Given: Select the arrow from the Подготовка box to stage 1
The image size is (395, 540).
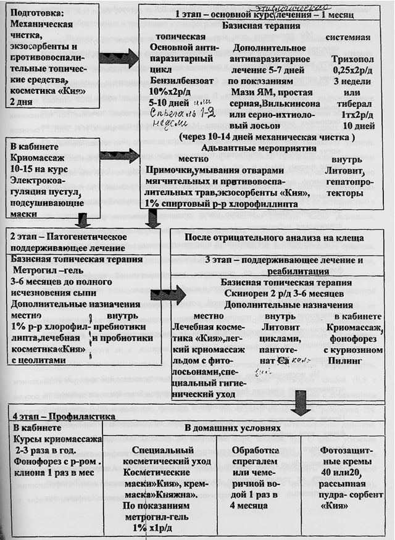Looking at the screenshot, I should click(x=118, y=59).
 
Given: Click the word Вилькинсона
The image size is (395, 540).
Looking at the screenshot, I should click(x=289, y=103).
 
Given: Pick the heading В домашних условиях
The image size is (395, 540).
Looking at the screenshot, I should click(x=233, y=427).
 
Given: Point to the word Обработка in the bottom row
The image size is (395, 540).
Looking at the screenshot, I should click(x=257, y=451).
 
